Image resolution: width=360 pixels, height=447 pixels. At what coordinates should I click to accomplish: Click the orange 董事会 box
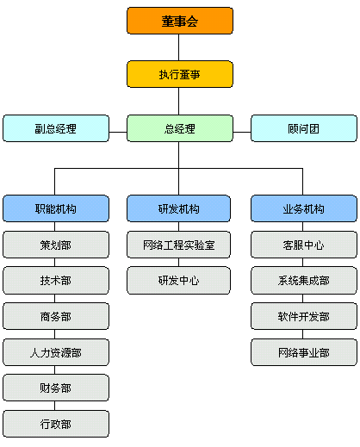tap(180, 21)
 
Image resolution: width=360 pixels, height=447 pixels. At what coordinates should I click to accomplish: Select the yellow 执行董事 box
tap(180, 74)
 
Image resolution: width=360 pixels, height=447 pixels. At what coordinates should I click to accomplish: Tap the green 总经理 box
tap(180, 128)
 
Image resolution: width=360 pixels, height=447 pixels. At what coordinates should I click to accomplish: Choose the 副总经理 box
tap(56, 128)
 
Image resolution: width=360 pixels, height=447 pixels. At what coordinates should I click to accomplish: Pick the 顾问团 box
tap(304, 128)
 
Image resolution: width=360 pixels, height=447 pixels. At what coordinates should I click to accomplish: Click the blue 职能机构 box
tap(56, 208)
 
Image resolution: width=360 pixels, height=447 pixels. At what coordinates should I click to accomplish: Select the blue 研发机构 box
tap(178, 208)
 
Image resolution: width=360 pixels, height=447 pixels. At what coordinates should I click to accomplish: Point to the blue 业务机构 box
tap(304, 208)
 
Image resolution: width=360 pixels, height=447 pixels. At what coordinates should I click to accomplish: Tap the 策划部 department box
tap(56, 245)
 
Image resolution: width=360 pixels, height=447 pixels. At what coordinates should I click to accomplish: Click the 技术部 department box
tap(56, 281)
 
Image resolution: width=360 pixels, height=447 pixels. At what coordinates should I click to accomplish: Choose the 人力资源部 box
tap(56, 352)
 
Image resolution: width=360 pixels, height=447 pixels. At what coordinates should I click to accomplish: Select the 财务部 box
tap(56, 388)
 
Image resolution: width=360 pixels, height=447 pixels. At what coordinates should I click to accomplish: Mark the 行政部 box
tap(56, 424)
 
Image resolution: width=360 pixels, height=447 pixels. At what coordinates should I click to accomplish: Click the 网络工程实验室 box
tap(178, 245)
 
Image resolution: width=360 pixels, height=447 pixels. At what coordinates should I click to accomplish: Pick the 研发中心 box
tap(178, 281)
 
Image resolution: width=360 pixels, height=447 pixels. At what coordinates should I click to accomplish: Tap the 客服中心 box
tap(304, 245)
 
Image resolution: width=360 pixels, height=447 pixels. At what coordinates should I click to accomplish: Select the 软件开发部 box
tap(304, 316)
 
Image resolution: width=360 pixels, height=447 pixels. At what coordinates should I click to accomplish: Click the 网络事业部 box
tap(304, 352)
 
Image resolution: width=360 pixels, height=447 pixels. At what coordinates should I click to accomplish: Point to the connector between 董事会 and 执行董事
tap(178, 47)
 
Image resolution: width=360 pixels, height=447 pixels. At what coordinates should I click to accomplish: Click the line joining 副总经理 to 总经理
tap(118, 132)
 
